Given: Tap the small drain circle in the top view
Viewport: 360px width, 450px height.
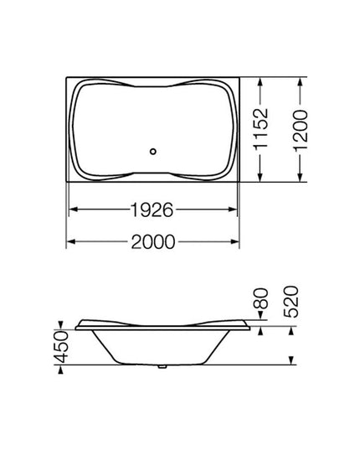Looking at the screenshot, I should [152, 152].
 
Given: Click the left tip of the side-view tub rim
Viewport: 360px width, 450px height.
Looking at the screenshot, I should [75, 328].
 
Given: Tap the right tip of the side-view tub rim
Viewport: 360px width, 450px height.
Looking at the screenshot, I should [252, 328].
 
